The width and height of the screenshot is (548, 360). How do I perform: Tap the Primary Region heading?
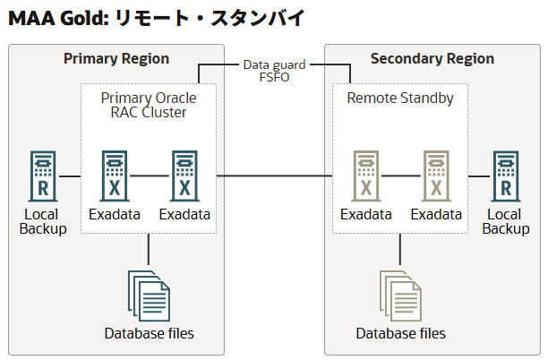tap(116, 59)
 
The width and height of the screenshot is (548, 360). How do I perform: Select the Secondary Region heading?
tap(432, 59)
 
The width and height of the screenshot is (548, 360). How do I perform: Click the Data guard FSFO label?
tap(274, 71)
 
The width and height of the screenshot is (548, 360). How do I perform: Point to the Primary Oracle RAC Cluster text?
tap(148, 105)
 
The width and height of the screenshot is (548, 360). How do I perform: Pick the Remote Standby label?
tap(399, 98)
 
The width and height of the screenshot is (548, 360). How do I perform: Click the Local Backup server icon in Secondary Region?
tap(506, 176)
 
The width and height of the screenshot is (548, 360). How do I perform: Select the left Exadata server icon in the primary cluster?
tap(114, 176)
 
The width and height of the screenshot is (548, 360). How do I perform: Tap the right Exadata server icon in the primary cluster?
tap(184, 176)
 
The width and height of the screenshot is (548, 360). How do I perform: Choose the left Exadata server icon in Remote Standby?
tap(365, 176)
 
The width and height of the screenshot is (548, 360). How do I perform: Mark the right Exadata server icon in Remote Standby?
tap(436, 176)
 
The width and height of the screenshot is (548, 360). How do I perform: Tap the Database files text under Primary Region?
tap(149, 333)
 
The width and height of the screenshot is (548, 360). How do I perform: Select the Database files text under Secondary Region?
tap(400, 333)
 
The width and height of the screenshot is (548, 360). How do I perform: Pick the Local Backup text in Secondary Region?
tap(506, 221)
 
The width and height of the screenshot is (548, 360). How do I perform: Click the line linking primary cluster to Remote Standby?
tap(274, 176)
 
